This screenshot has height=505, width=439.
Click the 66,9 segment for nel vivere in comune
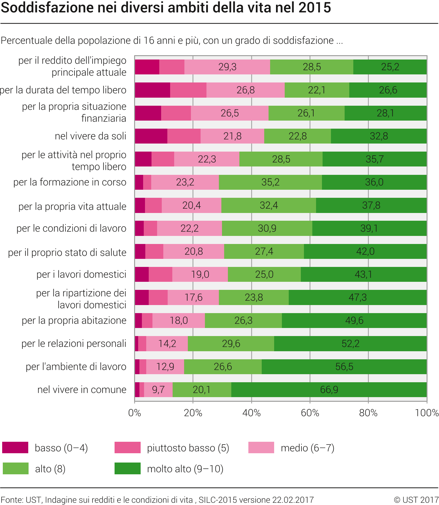[329, 390]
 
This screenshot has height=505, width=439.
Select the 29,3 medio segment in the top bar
[227, 67]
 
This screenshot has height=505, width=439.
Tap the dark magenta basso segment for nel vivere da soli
[151, 136]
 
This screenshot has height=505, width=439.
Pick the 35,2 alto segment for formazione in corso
[270, 182]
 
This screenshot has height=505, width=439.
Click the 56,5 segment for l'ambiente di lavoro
[344, 367]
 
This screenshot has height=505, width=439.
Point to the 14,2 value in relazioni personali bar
[167, 343]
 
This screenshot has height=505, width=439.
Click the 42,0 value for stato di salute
[365, 251]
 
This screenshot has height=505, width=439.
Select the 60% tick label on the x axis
[310, 413]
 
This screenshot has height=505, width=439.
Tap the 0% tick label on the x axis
[134, 413]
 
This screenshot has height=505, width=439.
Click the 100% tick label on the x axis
[427, 413]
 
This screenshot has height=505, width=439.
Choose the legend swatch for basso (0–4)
[15, 448]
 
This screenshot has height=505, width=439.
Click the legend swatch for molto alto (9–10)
[127, 468]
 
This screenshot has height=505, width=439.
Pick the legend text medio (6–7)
[307, 448]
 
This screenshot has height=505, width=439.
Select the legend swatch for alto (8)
[15, 468]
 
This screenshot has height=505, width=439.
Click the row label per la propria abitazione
[74, 321]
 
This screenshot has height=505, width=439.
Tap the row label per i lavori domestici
[81, 274]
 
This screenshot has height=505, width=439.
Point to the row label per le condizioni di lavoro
[71, 228]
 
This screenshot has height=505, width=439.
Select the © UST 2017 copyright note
[416, 500]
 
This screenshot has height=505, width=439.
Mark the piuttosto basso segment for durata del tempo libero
[188, 90]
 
